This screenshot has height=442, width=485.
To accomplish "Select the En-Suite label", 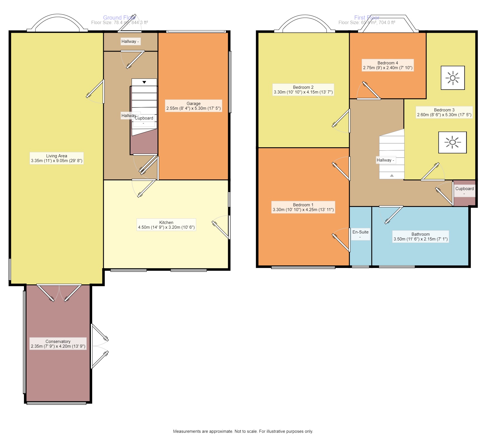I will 360,232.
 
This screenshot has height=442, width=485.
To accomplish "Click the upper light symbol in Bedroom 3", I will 453,78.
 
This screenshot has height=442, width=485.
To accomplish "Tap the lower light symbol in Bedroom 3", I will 452,142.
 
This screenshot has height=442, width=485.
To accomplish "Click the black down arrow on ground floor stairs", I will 144,82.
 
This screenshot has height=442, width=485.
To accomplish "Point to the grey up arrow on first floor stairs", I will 392,176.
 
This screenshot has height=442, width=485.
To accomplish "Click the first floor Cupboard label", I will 464,189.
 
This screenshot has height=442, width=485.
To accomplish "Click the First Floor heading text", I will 366,18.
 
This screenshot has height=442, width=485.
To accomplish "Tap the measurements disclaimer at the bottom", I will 243,431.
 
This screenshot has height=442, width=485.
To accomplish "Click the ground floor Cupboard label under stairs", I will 144,118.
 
